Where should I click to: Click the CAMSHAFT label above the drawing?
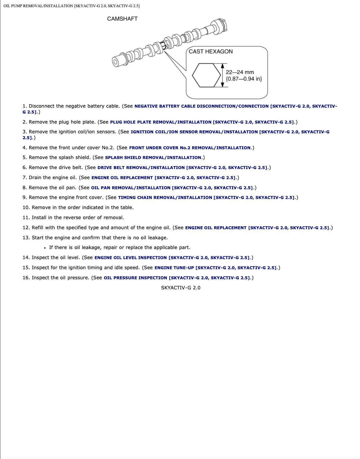coord(122,19)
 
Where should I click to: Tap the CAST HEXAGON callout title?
coord(211,51)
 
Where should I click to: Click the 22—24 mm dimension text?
coord(240,72)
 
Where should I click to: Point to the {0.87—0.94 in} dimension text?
coord(244,79)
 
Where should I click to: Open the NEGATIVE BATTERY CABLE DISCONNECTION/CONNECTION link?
coord(201,106)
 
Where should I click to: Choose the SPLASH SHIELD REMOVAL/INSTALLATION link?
coord(153,158)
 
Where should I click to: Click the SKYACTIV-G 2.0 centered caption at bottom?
coord(181,288)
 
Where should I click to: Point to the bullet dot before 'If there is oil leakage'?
coord(45,248)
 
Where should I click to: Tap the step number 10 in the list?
coord(26,207)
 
